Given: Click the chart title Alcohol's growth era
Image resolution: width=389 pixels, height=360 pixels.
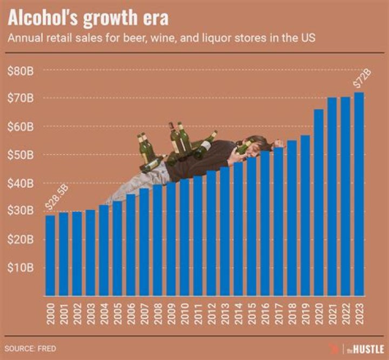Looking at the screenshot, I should click(88, 18).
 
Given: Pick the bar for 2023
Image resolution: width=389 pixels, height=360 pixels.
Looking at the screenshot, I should click(359, 194).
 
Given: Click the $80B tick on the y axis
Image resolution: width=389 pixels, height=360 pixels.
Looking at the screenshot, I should click(21, 70).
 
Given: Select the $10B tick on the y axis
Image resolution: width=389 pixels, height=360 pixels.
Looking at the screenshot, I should click(21, 268).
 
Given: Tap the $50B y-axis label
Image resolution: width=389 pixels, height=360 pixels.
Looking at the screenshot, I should click(21, 155).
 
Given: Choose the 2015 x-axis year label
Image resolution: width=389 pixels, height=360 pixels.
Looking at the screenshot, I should click(252, 314).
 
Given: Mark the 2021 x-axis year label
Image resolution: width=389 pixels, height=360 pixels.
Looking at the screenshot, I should click(332, 314).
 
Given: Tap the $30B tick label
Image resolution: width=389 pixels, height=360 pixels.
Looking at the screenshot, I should click(21, 211).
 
